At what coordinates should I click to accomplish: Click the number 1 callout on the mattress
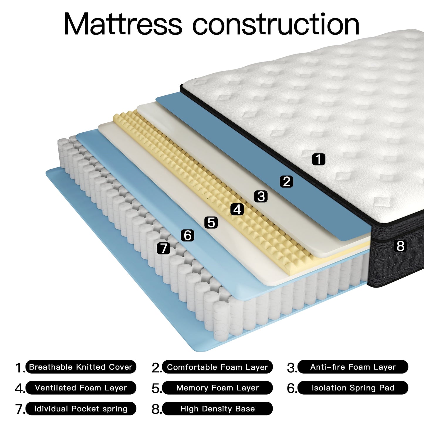(319, 159)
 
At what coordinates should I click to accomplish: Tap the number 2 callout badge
(287, 181)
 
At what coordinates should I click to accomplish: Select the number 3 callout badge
(261, 196)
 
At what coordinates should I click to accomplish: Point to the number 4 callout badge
(237, 209)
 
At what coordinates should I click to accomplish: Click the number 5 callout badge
(211, 222)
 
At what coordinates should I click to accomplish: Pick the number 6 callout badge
(187, 235)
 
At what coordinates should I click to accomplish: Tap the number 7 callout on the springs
(163, 248)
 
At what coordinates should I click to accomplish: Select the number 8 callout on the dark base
(400, 246)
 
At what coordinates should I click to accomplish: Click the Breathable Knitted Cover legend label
(81, 367)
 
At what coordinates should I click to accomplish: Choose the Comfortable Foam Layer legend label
(217, 367)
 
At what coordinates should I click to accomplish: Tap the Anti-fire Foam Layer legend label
(353, 367)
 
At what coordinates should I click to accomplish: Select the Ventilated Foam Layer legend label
(81, 388)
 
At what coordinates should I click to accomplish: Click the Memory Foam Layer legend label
(217, 388)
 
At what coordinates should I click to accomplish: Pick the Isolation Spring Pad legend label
(353, 388)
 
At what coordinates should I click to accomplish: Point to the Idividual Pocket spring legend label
(81, 409)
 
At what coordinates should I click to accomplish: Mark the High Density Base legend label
(217, 409)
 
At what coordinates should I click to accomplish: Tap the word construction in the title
(276, 24)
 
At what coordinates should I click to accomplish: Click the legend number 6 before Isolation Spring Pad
(291, 388)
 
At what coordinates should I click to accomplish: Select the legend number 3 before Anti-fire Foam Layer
(291, 368)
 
